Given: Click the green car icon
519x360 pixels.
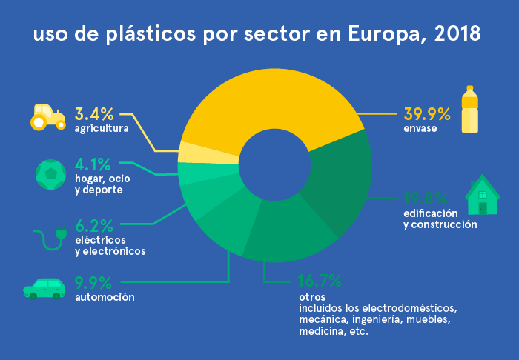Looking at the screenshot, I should (44, 288).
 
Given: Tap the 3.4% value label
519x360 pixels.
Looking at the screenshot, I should (94, 114).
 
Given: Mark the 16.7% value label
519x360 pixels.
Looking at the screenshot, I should (320, 281).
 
